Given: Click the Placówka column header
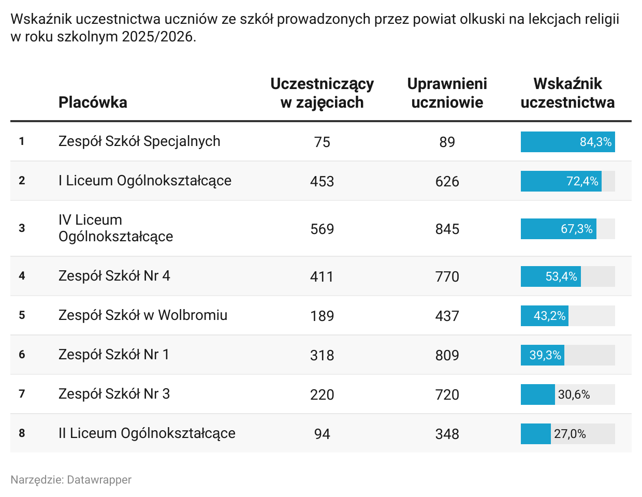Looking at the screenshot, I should [93, 102].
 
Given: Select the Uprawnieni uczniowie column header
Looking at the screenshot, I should [447, 93].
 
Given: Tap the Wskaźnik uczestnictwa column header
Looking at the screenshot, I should [567, 93].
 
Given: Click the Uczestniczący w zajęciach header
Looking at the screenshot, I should [322, 93].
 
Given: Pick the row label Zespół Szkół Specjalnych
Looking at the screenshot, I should [139, 141].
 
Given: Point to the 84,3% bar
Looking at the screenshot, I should [567, 142].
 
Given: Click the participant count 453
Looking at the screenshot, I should [322, 181].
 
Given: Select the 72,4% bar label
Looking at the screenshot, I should [582, 181].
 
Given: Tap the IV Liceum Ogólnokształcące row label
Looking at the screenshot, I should [115, 228].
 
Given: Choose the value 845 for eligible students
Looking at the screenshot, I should [447, 229].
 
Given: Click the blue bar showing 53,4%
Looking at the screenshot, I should [551, 276].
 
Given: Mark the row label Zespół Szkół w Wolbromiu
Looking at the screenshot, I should [143, 315].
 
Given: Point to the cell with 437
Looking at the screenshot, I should [447, 316].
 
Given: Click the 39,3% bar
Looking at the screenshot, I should [543, 355].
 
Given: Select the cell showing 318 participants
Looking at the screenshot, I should [322, 355].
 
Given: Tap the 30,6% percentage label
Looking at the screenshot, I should [574, 394].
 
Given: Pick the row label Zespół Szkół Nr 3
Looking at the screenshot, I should [114, 394].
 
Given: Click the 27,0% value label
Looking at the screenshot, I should [570, 434].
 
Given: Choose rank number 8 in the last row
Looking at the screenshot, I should [22, 433].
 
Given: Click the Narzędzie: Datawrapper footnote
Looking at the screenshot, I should [71, 480].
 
